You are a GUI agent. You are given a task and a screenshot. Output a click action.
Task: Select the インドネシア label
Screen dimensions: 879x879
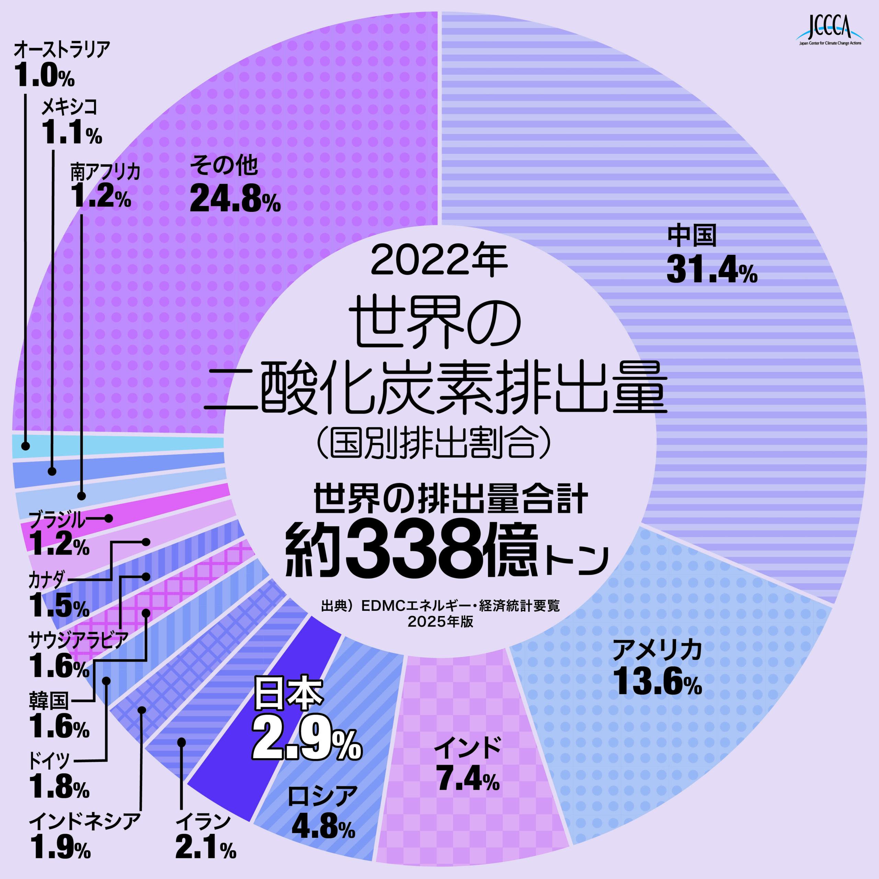[84, 822]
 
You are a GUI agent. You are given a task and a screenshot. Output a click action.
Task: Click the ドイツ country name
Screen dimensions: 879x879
[49, 760]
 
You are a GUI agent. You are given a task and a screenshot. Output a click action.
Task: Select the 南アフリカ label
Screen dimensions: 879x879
[105, 172]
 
